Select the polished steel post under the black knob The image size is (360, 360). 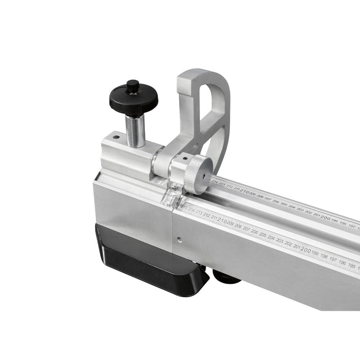tap(135, 130)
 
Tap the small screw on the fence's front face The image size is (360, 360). tap(178, 239)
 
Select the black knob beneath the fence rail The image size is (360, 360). tap(225, 275)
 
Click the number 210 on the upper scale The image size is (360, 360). tap(244, 191)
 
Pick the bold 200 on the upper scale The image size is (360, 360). tap(325, 218)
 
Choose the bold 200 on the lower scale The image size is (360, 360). tap(305, 249)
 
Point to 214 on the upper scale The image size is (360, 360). tap(215, 183)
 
